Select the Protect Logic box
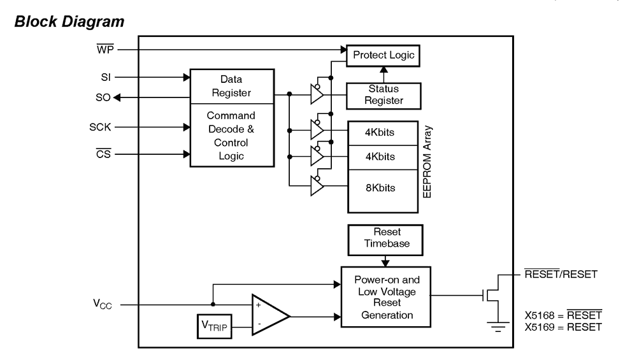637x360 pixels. [x=382, y=55]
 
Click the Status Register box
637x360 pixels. [x=383, y=95]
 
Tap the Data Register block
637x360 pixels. [x=227, y=86]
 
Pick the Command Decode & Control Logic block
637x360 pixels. [x=227, y=136]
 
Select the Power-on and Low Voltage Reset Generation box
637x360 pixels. [x=385, y=297]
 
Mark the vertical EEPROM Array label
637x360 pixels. [x=427, y=167]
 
